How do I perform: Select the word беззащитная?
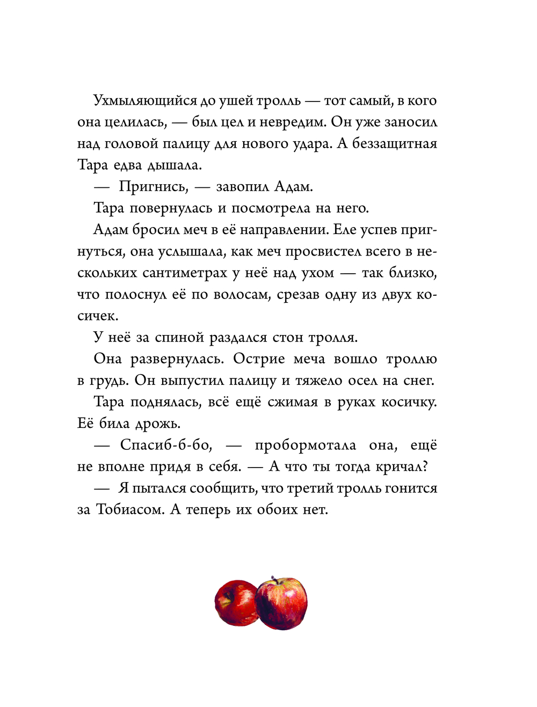click(395, 144)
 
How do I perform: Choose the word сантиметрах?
click(185, 273)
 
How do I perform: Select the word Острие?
click(259, 359)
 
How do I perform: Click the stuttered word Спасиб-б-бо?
click(166, 445)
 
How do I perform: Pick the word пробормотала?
click(305, 445)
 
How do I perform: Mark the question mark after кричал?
click(425, 467)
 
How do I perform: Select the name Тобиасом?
click(130, 509)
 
